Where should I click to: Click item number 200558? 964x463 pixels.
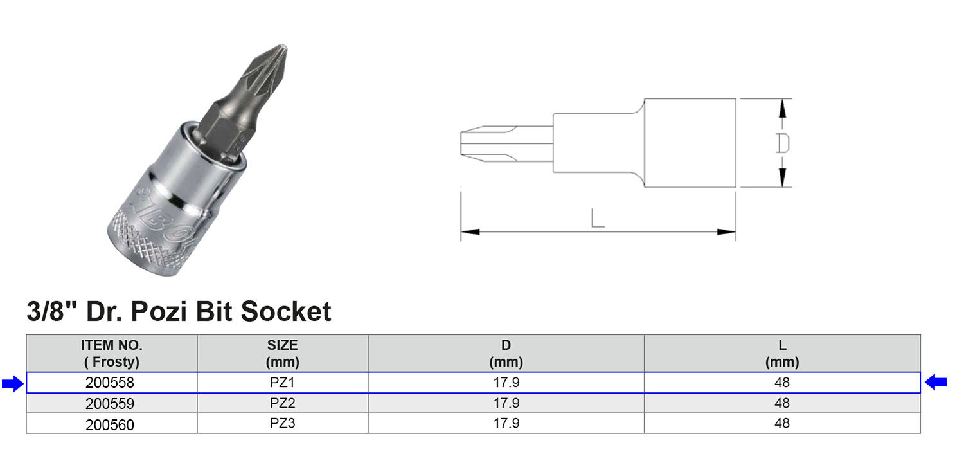pos(110,383)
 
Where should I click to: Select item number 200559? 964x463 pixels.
pos(110,404)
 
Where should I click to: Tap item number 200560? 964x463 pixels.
pos(110,424)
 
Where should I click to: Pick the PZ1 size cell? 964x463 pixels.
pos(282,382)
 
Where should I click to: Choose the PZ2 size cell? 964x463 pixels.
pos(282,403)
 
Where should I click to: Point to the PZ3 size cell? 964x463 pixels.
pos(282,423)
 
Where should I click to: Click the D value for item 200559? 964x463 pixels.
pos(506,403)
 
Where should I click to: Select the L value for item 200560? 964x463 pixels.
pos(782,423)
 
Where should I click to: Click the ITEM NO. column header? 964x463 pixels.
pos(111,353)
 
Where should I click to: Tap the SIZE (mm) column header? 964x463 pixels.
pos(282,353)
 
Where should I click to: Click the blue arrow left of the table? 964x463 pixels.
pos(13,383)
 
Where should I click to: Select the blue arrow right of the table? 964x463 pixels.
pos(936,382)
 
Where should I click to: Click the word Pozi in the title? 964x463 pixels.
pos(158,311)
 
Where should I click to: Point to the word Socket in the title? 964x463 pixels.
pos(286,311)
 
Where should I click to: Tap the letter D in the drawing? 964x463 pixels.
pos(782,143)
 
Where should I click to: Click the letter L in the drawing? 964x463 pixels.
pos(597,218)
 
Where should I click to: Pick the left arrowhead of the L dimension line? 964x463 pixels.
pos(470,232)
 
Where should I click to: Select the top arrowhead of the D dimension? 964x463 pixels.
pos(782,108)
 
